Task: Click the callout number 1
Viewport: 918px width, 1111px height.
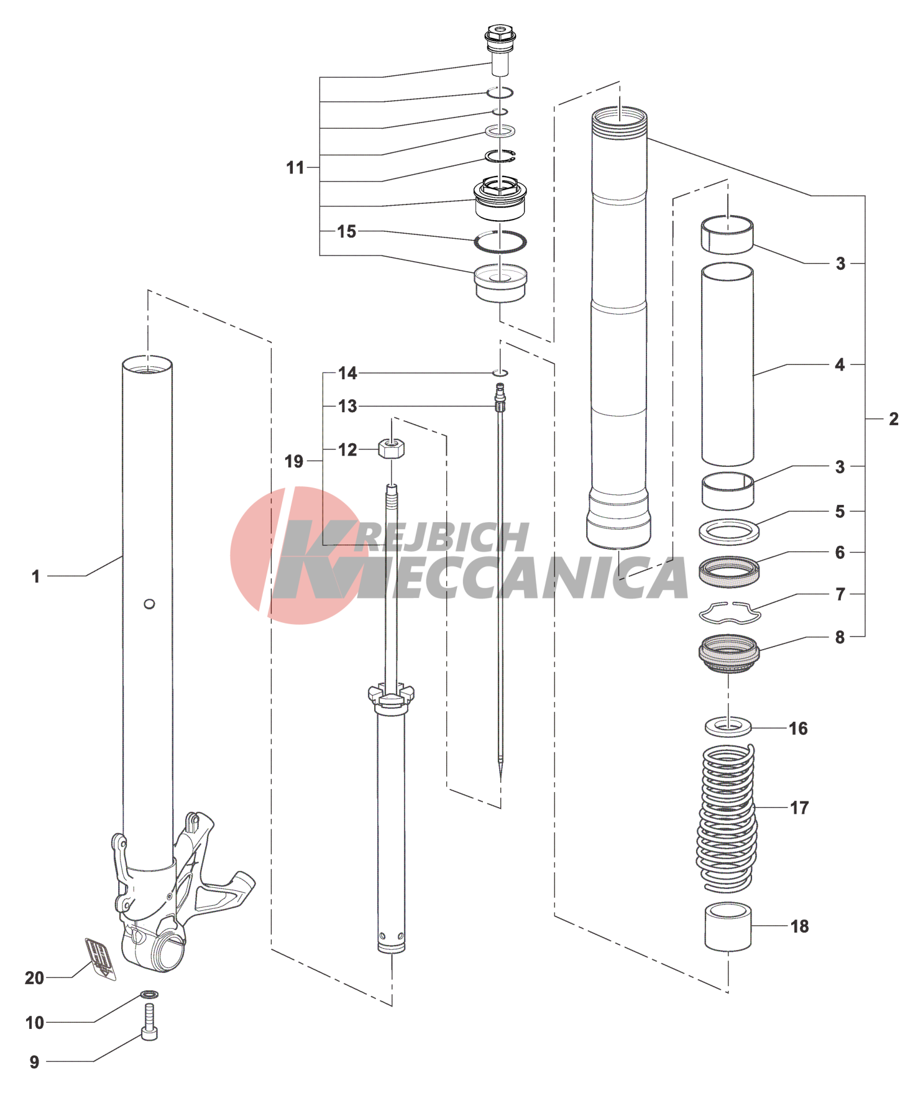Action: click(36, 576)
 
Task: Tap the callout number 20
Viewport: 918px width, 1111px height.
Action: click(34, 978)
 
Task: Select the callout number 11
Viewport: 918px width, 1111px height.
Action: click(295, 167)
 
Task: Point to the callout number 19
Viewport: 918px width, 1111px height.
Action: click(294, 461)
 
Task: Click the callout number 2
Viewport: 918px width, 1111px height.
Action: click(894, 419)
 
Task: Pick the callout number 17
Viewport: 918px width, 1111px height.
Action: click(799, 808)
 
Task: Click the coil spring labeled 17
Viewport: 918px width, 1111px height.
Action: click(727, 818)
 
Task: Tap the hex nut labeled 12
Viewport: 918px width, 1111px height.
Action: click(392, 448)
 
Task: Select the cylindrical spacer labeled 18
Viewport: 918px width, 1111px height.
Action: click(728, 928)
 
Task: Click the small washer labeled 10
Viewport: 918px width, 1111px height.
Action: click(149, 995)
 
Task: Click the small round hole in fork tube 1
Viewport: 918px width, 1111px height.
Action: click(149, 604)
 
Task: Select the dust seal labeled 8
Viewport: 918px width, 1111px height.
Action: click(729, 653)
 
